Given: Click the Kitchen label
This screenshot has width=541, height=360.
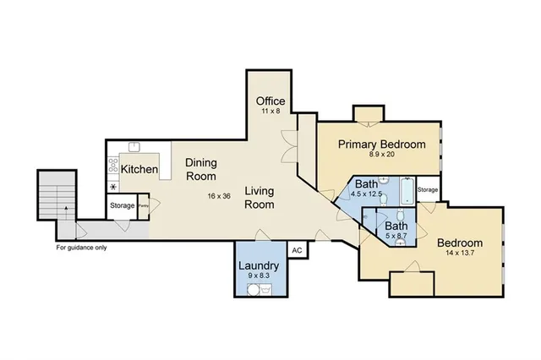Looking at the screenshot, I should point(139,169).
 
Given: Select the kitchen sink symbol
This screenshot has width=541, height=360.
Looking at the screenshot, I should point(134,148).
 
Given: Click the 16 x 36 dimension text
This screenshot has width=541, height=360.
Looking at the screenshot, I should point(218,196).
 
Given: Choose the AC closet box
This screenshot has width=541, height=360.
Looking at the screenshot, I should point(297,250).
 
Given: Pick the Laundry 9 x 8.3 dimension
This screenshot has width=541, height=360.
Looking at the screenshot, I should point(258,275).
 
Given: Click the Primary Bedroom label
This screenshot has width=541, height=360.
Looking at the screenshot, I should point(382,144).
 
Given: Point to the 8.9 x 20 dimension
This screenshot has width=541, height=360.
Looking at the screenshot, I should point(382,155).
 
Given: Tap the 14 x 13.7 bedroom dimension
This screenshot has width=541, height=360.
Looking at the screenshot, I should point(459,253).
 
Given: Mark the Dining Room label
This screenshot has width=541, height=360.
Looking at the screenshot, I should point(200,170).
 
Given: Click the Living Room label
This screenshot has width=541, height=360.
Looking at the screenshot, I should point(260,198).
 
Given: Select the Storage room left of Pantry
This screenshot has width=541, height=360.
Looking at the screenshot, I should point(121,205).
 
